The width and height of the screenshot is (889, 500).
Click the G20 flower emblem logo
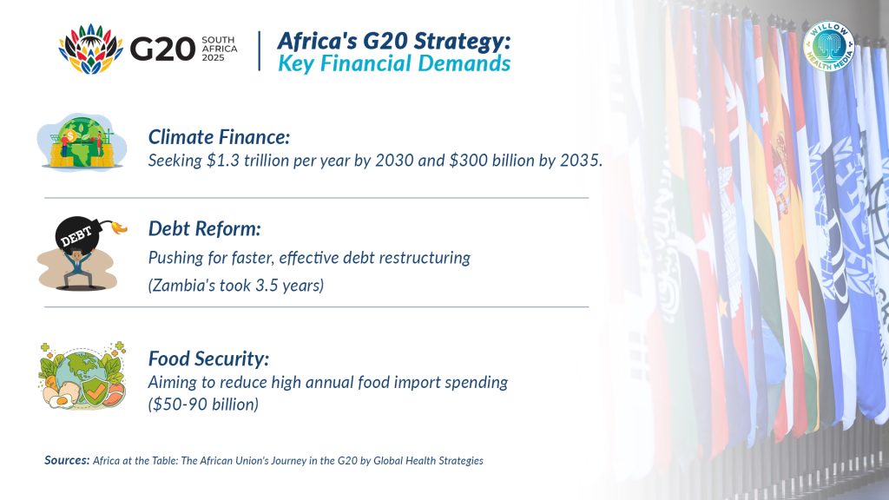point(90,49)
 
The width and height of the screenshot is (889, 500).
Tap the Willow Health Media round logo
point(829,46)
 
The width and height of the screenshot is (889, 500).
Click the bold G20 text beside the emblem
point(162,49)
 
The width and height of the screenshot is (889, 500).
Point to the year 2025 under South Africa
point(214,58)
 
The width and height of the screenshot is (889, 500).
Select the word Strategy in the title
point(458,42)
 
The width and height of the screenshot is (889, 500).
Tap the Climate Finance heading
point(219,137)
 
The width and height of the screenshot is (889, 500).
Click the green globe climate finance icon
point(82,141)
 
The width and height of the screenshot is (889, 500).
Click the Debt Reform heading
point(205,228)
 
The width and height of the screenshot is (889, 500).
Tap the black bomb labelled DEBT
point(77,234)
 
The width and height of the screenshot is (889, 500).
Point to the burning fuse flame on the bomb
point(119,227)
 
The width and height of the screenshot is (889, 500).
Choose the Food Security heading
point(208,359)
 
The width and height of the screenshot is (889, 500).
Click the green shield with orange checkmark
point(94,390)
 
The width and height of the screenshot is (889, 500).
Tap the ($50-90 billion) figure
point(203,405)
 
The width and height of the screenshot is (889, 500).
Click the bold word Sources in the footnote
point(67,460)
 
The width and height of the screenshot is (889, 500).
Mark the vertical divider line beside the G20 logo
point(259,51)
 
